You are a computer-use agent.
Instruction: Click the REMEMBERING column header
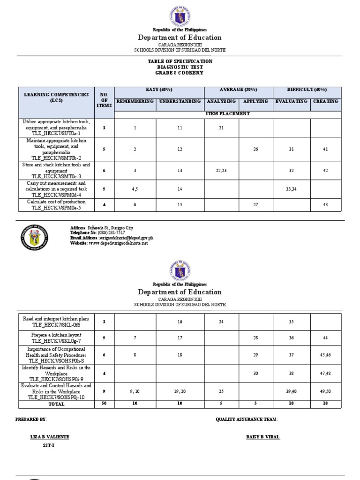(135, 101)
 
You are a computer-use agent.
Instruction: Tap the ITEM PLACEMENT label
(228, 113)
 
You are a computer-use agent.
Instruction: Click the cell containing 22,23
(221, 171)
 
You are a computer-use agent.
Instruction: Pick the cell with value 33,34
(292, 189)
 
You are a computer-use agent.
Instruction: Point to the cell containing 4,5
(135, 189)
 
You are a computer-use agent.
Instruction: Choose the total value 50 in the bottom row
(104, 404)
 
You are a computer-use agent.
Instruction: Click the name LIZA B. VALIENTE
(50, 437)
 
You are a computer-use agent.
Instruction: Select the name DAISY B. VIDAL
(263, 437)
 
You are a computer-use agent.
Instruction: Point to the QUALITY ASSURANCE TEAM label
(247, 419)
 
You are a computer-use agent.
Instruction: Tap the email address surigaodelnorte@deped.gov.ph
(126, 238)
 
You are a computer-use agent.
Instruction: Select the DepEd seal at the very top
(180, 14)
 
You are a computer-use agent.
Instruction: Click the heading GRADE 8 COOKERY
(180, 73)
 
